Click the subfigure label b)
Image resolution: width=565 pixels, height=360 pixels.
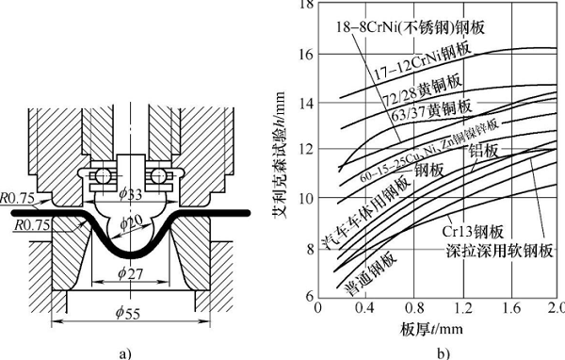[443, 351]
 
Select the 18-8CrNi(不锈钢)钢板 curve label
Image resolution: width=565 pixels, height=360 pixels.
[410, 28]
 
